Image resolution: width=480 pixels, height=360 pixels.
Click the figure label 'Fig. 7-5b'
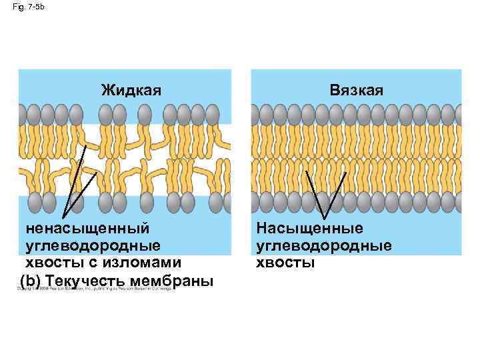coord(27,7)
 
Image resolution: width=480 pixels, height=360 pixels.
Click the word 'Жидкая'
coord(131,89)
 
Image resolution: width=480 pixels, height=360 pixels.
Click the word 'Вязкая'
coord(357,89)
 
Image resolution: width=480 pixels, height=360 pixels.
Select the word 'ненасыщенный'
coord(87,229)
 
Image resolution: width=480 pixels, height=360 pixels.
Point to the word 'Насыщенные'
coord(311,229)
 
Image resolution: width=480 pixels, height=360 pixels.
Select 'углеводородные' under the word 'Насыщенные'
coord(324,245)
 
